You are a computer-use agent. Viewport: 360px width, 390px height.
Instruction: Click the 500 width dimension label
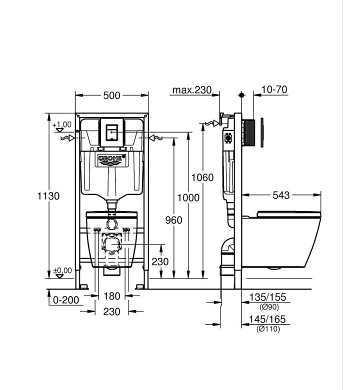coord(111,95)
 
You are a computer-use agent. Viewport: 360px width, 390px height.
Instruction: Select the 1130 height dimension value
coord(48,196)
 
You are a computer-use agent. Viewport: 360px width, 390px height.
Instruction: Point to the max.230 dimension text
coord(192,90)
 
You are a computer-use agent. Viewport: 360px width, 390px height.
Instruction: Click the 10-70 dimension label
coord(274,89)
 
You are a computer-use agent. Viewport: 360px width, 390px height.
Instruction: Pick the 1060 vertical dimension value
coord(202,177)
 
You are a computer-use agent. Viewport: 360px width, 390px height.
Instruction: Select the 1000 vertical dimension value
coord(188,197)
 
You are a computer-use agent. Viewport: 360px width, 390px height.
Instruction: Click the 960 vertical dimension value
coord(173,220)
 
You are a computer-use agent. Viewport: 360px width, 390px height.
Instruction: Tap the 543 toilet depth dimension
coord(281,195)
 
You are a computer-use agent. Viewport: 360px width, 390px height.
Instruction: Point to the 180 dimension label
coord(111,296)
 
